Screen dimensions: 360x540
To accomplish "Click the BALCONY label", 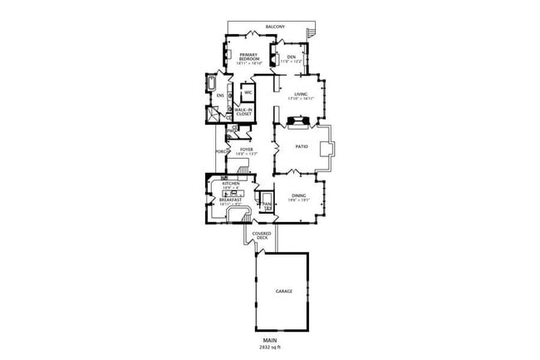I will (275, 27).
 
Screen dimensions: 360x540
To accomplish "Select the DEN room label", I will (291, 57).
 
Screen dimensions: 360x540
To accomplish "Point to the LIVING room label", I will (300, 95).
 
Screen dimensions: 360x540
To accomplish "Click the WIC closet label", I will (248, 92).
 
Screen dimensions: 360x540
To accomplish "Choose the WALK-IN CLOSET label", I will (243, 111).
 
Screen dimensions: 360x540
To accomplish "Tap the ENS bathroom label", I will (220, 96).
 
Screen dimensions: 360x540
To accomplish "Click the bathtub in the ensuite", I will (211, 85).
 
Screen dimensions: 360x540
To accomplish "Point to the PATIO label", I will (303, 146).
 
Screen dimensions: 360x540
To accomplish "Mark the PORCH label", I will (221, 152).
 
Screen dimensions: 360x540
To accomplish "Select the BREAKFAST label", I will (230, 200).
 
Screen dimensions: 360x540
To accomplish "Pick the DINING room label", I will (298, 197).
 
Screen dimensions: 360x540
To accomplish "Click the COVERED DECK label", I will (263, 236).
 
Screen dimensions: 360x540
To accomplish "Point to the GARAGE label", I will (284, 292).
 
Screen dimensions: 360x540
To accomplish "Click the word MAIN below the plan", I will (269, 341).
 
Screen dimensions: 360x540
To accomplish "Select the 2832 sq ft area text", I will (269, 348).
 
